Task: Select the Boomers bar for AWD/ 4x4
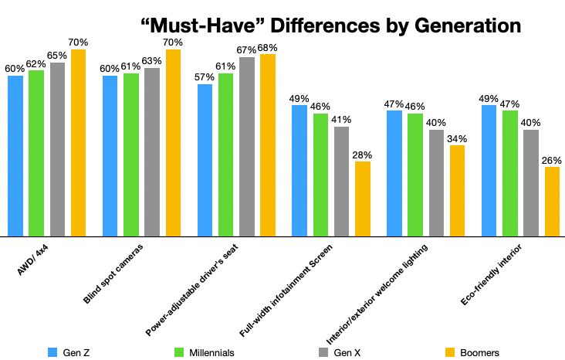78,143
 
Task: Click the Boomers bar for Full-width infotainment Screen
362,199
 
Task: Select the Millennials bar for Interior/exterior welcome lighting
415,175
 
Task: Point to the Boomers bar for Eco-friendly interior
552,201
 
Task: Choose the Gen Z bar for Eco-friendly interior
489,171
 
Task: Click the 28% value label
363,155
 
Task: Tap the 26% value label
552,160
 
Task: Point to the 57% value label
205,77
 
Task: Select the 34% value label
458,138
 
